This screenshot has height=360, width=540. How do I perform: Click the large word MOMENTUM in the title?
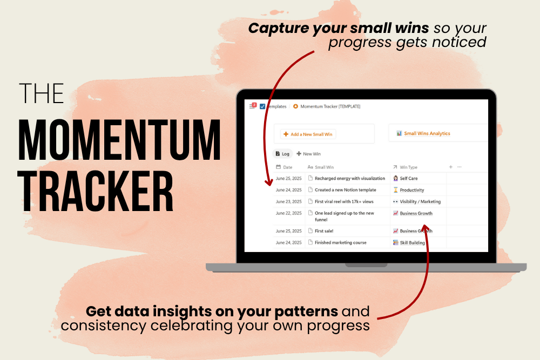coord(119,140)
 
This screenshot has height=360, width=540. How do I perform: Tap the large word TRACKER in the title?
coord(96,191)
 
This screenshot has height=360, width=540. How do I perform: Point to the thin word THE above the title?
coord(42,93)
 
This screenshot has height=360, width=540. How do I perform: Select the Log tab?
coord(282,154)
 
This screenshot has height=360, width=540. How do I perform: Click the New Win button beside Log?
coord(308,154)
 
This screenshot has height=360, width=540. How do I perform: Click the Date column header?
coord(284,167)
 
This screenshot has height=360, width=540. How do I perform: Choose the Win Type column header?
coord(405,167)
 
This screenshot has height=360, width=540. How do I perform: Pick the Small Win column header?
coord(321,167)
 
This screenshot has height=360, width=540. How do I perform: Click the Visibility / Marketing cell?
coord(417,202)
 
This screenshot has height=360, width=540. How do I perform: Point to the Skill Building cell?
coord(409,243)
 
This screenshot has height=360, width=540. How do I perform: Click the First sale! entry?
coord(324,231)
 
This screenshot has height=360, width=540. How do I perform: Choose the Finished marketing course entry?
coord(341,243)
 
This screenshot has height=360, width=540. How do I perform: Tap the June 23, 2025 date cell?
coord(288,202)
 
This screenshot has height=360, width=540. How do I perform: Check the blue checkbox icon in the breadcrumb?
coord(262,106)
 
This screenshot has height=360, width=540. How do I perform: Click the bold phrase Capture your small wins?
coord(339,29)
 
